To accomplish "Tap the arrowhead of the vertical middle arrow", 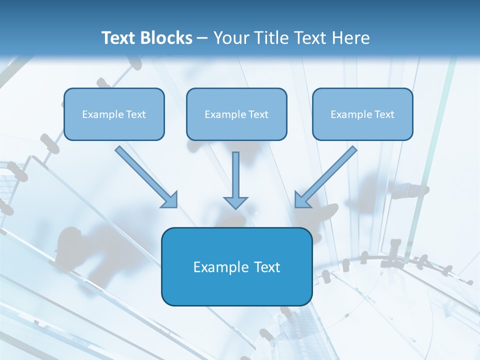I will coord(236,202).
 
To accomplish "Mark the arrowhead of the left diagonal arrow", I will coord(170,200).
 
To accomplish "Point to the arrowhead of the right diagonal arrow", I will coord(302,200).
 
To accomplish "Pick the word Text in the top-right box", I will coord(384,114).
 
